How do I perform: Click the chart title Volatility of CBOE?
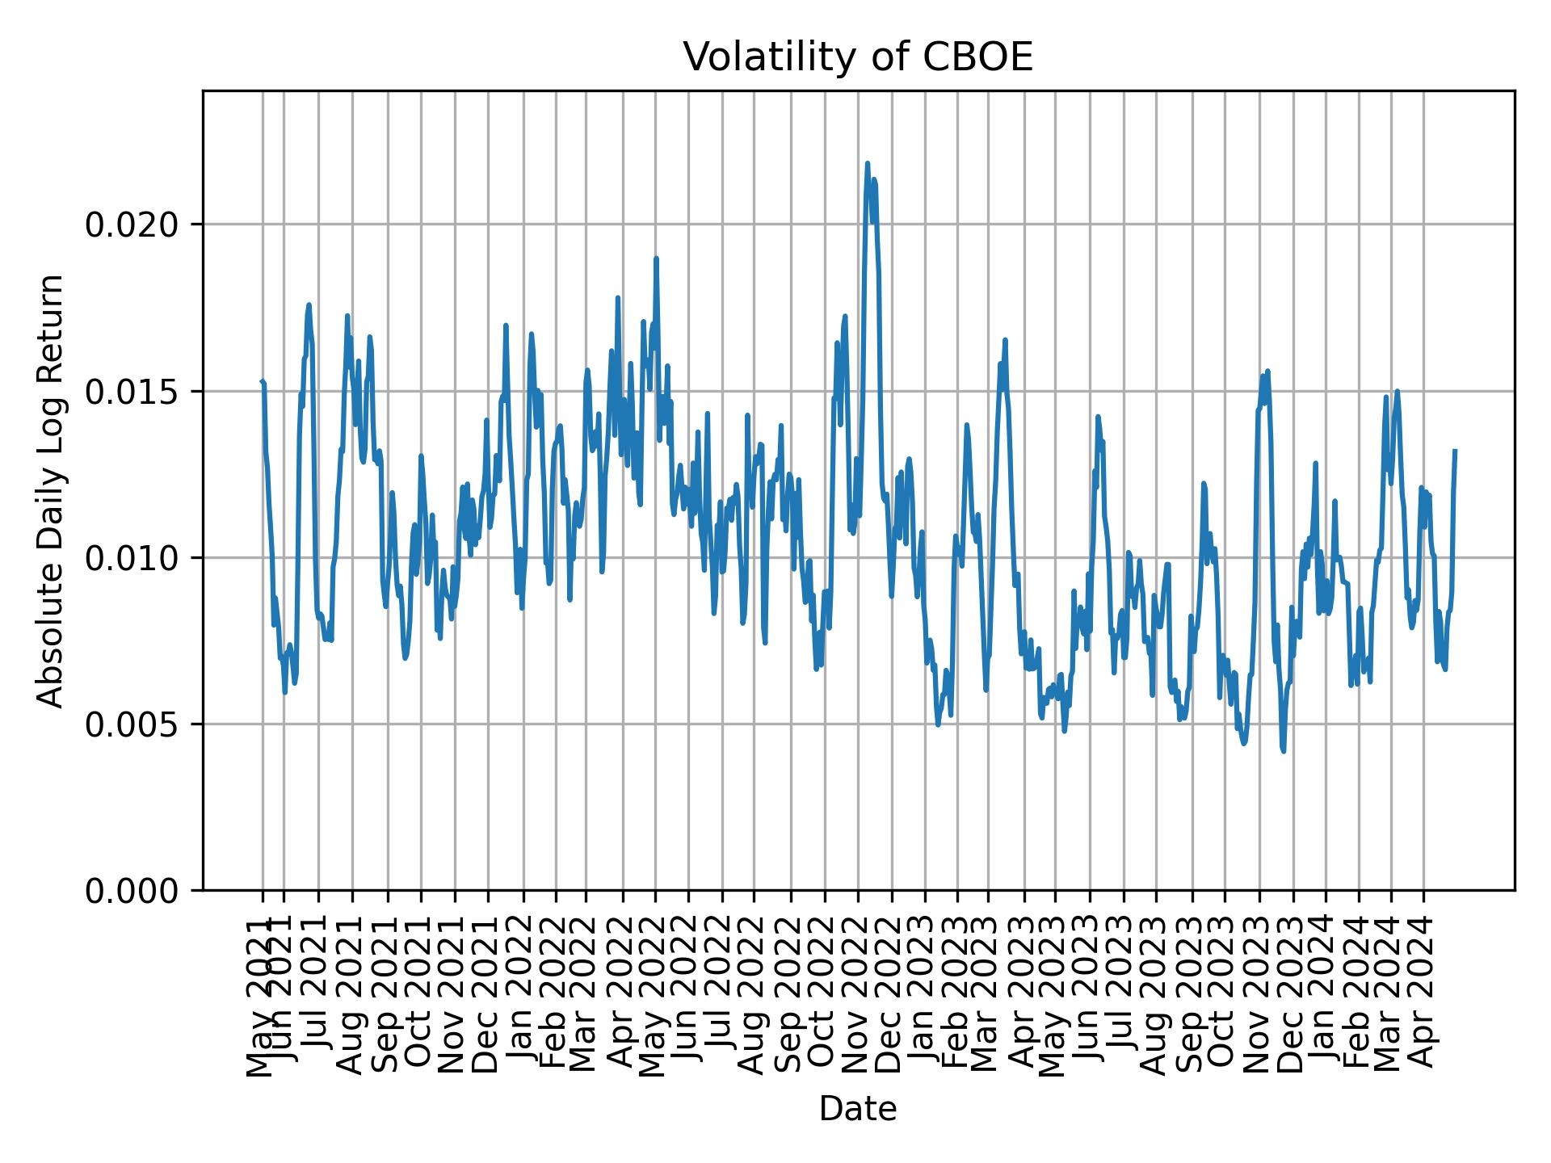coord(858,57)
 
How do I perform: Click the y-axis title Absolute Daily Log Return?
coord(52,490)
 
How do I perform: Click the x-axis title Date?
coord(858,1109)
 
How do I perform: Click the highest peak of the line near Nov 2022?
coord(868,163)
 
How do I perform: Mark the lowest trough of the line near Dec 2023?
coord(1283,751)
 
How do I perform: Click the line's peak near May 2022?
coord(657,258)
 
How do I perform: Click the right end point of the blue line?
coord(1455,451)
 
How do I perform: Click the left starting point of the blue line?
coord(262,381)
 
